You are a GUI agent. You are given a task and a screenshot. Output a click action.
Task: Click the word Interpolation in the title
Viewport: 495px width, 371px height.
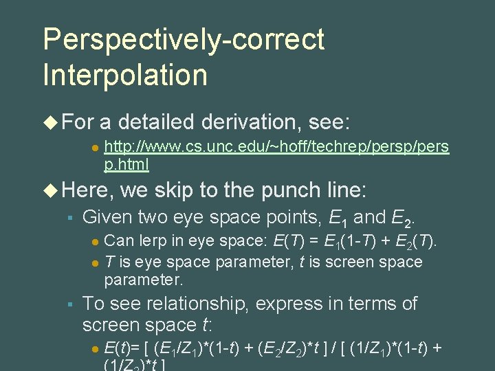[125, 74]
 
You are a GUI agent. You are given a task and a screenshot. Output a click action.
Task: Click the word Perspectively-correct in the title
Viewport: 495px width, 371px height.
[184, 39]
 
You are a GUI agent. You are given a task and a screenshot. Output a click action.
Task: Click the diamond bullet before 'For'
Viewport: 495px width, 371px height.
[50, 123]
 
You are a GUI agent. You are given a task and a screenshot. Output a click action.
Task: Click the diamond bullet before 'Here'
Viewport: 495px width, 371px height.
[50, 190]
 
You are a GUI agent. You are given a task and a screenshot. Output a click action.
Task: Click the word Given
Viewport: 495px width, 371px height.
[107, 218]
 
